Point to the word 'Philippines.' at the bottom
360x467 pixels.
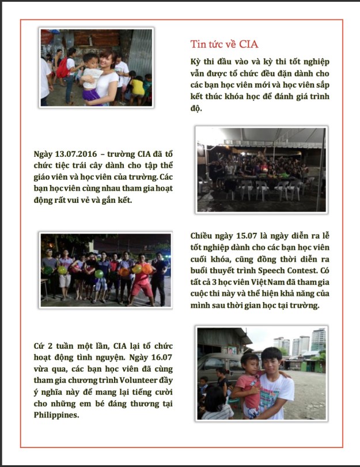pyautogui.click(x=56, y=415)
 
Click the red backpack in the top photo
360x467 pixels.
pyautogui.click(x=62, y=69)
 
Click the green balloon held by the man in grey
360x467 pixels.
pyautogui.click(x=62, y=270)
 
